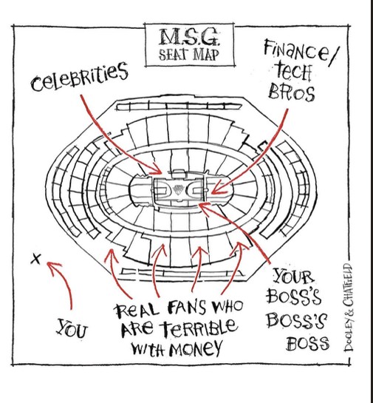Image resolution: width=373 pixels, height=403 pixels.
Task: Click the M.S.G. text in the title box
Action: [x=189, y=37]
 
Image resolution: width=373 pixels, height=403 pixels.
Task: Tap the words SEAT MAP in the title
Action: [x=189, y=55]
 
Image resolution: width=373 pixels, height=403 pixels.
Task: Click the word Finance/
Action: [x=301, y=52]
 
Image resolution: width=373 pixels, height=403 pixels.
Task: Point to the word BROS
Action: [x=291, y=92]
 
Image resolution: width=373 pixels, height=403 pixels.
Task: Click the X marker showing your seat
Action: [x=35, y=259]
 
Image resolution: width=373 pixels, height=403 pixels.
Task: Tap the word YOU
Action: [x=72, y=328]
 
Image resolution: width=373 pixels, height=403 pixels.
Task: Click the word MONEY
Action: [x=195, y=349]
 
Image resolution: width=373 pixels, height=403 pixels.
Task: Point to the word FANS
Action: [x=187, y=308]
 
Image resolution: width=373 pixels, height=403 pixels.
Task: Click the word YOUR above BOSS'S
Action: [x=294, y=276]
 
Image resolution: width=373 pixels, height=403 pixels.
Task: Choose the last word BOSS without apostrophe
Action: [x=307, y=343]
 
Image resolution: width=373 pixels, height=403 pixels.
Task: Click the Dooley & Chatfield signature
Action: [x=349, y=307]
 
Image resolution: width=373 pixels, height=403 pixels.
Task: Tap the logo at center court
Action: [x=178, y=189]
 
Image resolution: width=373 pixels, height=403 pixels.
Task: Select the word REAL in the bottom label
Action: [x=136, y=311]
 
